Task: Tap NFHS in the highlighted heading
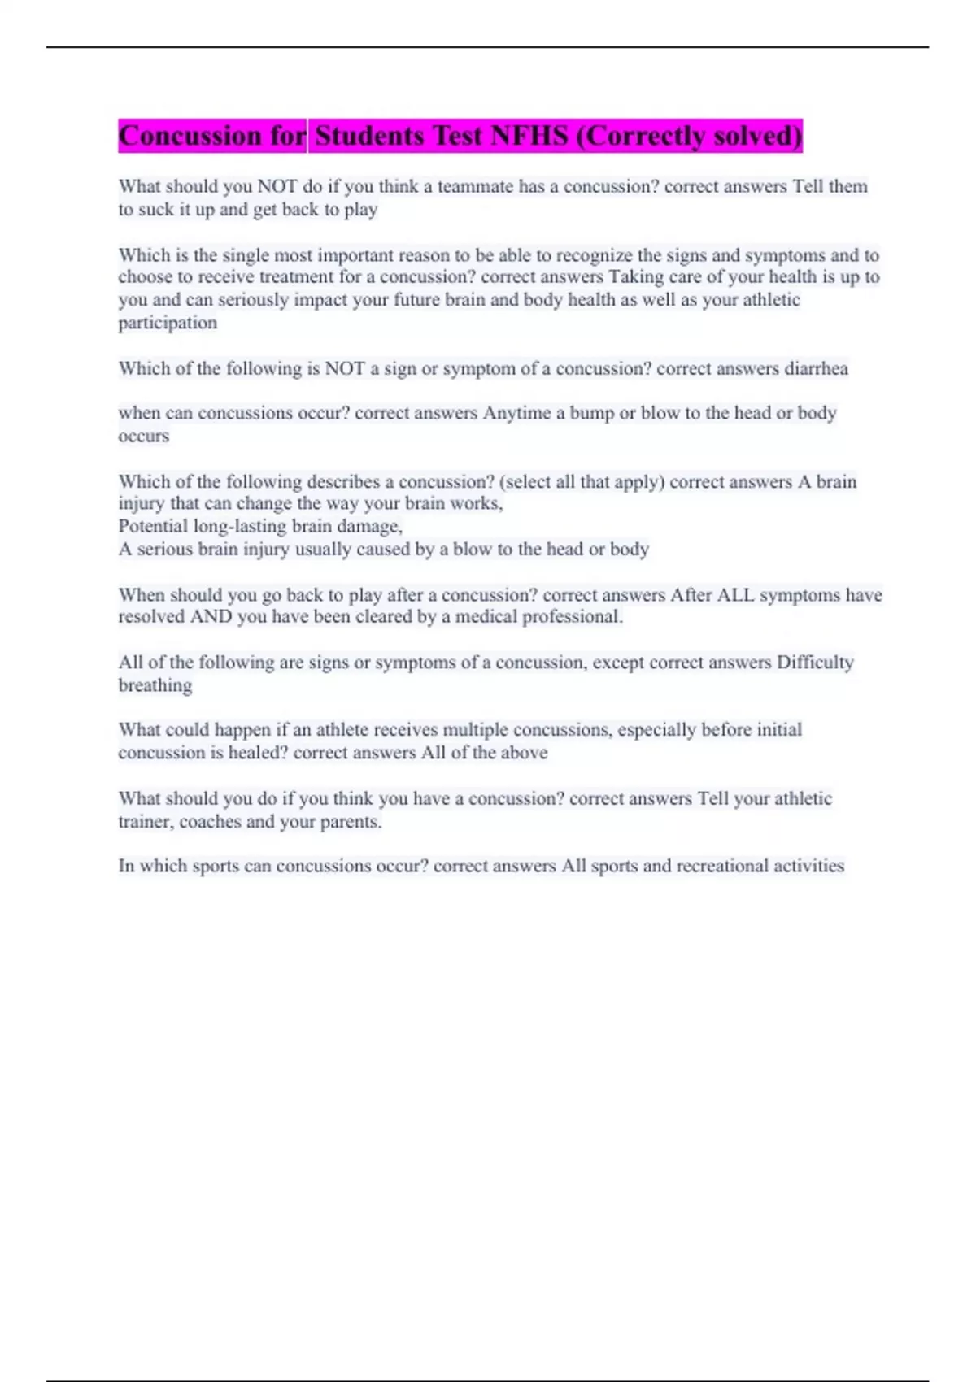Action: click(529, 136)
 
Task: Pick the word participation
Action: click(168, 323)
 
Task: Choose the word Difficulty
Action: click(815, 663)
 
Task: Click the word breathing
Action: click(155, 685)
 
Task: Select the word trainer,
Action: click(146, 822)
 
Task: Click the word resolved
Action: click(151, 617)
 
